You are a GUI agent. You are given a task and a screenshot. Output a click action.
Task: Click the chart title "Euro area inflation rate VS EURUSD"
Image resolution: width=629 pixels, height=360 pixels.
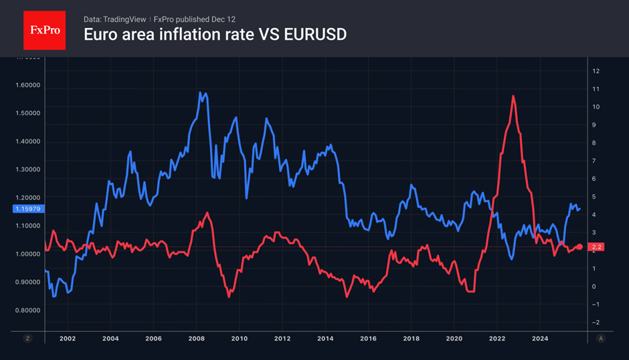(215, 34)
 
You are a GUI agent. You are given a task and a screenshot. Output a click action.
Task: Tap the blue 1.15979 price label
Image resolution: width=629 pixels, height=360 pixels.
(26, 209)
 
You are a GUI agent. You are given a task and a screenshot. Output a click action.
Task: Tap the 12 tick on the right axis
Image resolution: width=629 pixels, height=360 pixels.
(596, 71)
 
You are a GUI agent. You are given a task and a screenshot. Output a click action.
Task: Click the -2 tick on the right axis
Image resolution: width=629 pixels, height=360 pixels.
(595, 323)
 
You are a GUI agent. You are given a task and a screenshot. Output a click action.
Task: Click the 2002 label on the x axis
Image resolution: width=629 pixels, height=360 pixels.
(68, 339)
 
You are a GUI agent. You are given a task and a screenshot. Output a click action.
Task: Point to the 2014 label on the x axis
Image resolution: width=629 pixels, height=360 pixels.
(325, 339)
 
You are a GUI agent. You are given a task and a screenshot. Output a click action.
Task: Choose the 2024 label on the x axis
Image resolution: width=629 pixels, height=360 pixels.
(540, 339)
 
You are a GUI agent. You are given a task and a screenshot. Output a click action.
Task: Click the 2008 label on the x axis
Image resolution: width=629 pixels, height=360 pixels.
(196, 339)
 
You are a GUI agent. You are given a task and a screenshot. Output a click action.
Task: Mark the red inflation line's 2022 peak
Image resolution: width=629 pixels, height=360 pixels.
(513, 96)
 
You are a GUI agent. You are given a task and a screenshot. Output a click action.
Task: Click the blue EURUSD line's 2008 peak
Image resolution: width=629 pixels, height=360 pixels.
(200, 93)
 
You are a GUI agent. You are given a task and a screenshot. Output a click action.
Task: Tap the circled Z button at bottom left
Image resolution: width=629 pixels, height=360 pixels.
(27, 339)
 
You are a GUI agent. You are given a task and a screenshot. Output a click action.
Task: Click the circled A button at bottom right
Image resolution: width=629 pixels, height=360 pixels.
(600, 339)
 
